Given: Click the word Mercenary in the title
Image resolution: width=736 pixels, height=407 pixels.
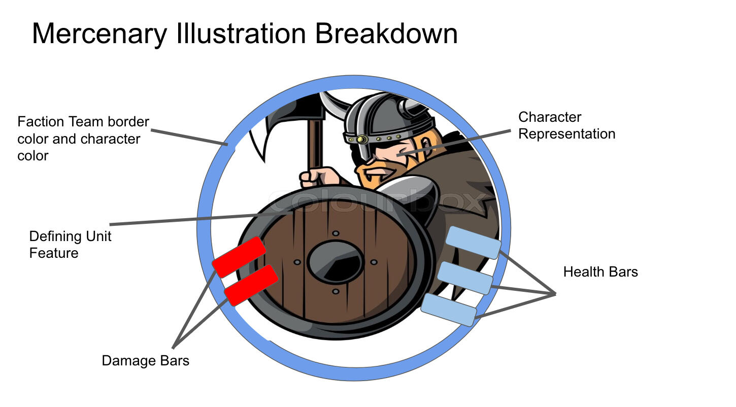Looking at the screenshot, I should click(99, 34).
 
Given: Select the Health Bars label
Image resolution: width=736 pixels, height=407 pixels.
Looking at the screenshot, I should click(600, 272).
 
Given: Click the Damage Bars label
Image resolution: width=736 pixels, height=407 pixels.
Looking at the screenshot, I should click(145, 361).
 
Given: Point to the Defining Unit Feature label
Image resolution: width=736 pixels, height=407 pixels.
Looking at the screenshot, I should click(70, 244).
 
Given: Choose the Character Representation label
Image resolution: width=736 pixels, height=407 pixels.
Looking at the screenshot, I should click(566, 125).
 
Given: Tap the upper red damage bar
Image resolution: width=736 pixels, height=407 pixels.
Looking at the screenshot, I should click(239, 257).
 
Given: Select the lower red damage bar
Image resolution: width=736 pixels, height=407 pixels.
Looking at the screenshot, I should click(251, 285).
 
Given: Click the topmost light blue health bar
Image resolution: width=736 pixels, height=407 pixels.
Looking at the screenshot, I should click(474, 243).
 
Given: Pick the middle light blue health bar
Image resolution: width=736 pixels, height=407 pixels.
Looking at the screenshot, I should click(465, 278).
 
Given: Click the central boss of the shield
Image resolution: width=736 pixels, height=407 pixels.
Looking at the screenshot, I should click(335, 262).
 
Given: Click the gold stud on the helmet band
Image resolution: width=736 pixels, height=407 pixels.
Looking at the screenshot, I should click(361, 139).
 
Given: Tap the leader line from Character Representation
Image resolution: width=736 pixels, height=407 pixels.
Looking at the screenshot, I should click(457, 142).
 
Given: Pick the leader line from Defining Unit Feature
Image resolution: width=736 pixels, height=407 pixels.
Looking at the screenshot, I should click(193, 219).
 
